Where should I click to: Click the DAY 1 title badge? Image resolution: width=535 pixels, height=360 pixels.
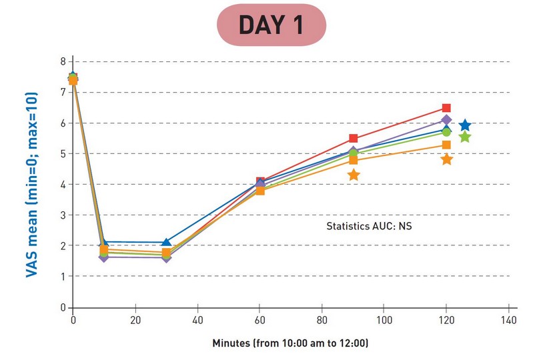coord(272,25)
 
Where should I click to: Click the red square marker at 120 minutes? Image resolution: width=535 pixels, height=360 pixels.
coord(446,108)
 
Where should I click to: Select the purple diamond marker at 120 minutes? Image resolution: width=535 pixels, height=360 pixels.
coord(446,120)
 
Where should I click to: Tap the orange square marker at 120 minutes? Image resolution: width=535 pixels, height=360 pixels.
coord(446,145)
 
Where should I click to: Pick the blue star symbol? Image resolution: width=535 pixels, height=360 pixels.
coord(465,125)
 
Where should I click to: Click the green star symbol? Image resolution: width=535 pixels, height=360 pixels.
coord(465,137)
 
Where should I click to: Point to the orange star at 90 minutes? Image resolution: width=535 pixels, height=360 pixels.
coord(354,175)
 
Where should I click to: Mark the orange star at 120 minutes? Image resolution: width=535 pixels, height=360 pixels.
coord(447,159)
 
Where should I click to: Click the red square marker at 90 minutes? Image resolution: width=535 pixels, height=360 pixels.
coord(354,139)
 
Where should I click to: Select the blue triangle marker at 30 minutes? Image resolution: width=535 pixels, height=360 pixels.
coord(166,242)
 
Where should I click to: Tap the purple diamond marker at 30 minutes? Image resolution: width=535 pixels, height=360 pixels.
coord(166,257)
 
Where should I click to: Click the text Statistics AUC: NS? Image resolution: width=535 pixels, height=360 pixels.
coord(371,227)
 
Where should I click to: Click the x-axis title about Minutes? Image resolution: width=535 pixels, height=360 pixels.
coord(290,343)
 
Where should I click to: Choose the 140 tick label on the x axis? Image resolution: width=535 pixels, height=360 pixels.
coord(508,319)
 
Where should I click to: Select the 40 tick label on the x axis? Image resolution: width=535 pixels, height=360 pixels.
coord(197,319)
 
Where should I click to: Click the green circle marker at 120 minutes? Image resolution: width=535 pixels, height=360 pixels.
coord(446,132)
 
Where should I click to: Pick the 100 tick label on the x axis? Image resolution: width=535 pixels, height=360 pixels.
coord(384,319)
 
